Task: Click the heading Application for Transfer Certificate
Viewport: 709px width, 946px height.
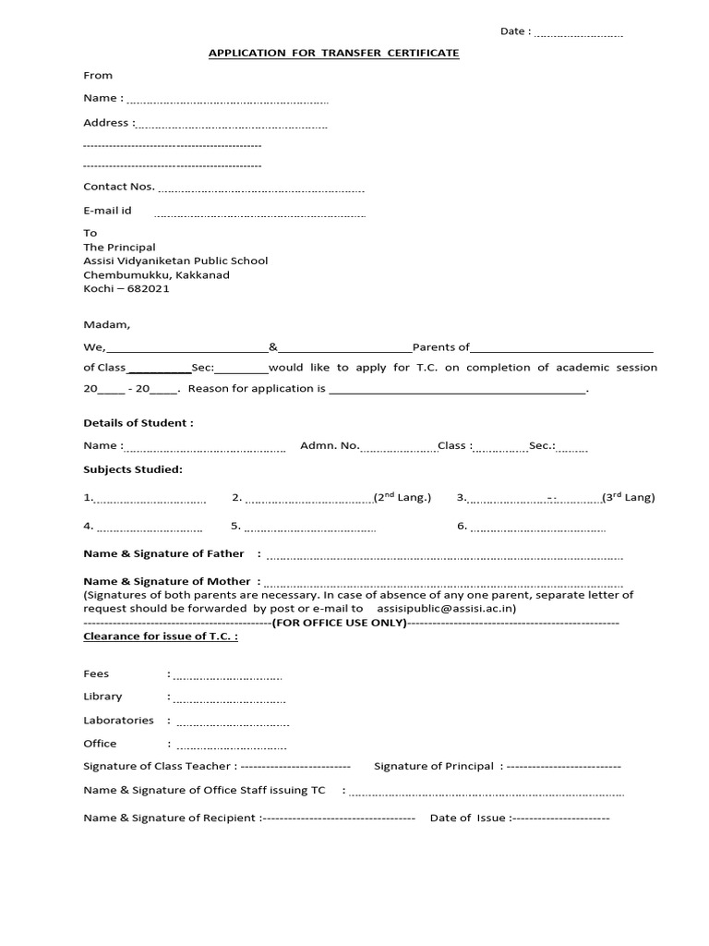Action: pos(333,54)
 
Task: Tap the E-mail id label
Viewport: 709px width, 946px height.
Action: pos(108,211)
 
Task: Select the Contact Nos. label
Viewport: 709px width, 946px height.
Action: pos(119,186)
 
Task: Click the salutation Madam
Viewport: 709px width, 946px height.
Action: pos(107,325)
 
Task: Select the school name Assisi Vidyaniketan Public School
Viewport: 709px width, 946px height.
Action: pos(175,261)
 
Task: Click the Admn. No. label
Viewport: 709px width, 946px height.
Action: pos(330,445)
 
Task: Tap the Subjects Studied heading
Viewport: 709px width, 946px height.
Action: pos(133,469)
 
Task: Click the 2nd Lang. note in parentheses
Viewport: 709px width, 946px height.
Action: pos(402,497)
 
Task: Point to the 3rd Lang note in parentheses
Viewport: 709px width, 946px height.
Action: pos(629,497)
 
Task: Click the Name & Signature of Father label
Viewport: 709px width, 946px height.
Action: pos(164,553)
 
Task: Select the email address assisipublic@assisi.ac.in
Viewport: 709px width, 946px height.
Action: pos(447,609)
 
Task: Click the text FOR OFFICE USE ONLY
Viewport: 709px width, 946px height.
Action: pos(339,623)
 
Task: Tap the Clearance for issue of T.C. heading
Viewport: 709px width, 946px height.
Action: pos(161,637)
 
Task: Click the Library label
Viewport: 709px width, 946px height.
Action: pos(102,697)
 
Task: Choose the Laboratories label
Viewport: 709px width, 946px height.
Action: pos(118,720)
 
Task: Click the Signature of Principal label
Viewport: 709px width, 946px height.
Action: pos(434,766)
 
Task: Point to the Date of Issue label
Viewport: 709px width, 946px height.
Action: pos(468,818)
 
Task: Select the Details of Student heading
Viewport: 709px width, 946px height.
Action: pos(138,423)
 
